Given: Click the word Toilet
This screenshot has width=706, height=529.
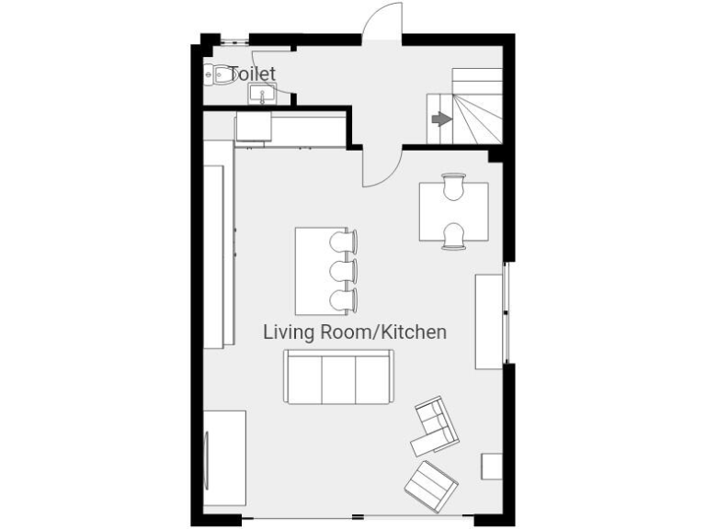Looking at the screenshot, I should (x=252, y=73).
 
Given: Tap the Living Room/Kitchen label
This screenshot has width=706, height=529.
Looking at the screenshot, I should (x=355, y=332).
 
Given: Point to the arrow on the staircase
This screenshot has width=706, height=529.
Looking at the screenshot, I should (x=441, y=118).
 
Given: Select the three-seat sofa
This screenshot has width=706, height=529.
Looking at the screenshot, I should (x=338, y=377).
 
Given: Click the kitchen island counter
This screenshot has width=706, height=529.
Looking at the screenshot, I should (x=313, y=271).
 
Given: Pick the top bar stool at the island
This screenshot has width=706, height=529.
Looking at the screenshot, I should (x=344, y=241).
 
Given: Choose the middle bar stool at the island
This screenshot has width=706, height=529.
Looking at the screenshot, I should (x=344, y=271).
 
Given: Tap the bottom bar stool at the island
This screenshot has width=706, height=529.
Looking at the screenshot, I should (x=344, y=299).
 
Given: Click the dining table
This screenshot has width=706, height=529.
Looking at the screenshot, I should (x=453, y=212).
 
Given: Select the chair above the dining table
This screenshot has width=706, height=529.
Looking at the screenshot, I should (x=453, y=186).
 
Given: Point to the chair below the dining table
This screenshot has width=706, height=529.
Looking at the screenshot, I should (x=453, y=237).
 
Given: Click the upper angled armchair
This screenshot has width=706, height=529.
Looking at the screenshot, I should (x=435, y=426).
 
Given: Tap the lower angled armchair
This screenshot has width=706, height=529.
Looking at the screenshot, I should (x=431, y=485).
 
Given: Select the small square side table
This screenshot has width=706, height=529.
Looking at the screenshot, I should (x=492, y=466).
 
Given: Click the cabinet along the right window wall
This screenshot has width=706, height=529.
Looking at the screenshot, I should (x=488, y=321).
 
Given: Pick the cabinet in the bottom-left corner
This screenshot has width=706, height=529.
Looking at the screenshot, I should (x=224, y=457).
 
